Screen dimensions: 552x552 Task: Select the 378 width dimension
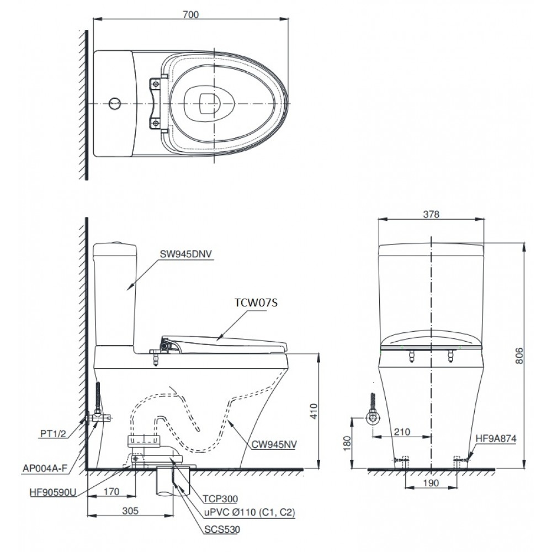click(x=432, y=215)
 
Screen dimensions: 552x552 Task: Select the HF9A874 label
click(x=496, y=439)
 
